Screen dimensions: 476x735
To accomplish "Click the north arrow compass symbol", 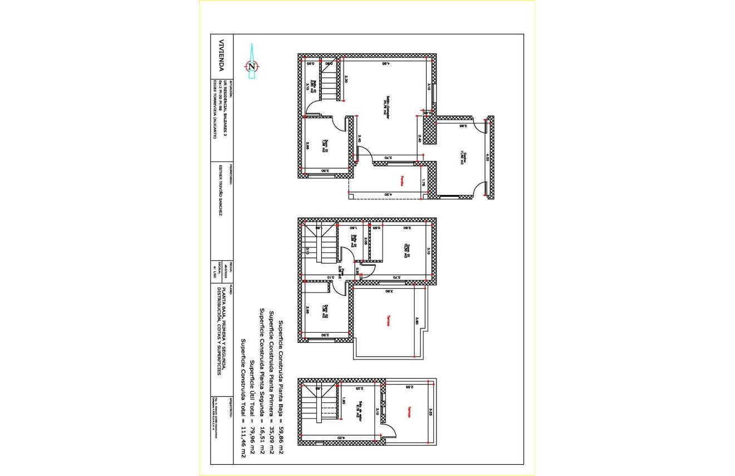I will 252,66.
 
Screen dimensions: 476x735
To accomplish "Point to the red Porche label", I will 401,181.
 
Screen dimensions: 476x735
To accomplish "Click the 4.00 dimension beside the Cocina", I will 486,158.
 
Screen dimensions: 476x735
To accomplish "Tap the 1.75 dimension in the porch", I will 423,182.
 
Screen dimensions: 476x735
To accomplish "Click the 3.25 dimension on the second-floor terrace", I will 430,412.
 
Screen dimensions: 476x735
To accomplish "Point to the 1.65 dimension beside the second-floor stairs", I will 344,401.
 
